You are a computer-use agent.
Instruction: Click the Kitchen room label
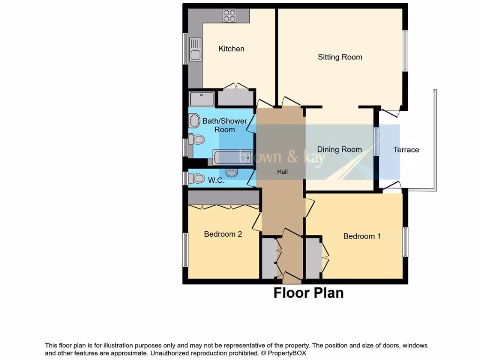(231, 49)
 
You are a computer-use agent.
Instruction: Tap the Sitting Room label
(340, 57)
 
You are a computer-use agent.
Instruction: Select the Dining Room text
(339, 150)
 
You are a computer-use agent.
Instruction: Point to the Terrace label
(406, 150)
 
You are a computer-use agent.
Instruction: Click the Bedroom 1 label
(362, 236)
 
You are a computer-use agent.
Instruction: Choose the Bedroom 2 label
(223, 234)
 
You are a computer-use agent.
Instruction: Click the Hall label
(282, 172)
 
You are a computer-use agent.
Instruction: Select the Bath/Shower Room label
(225, 125)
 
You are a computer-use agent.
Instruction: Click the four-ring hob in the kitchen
(230, 16)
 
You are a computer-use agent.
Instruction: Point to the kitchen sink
(195, 51)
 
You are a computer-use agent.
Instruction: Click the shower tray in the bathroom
(201, 99)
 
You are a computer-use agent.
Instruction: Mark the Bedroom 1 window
(405, 242)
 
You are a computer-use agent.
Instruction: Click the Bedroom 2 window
(186, 249)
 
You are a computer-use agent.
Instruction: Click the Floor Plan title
(308, 293)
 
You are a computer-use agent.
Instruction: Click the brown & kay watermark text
(282, 157)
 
